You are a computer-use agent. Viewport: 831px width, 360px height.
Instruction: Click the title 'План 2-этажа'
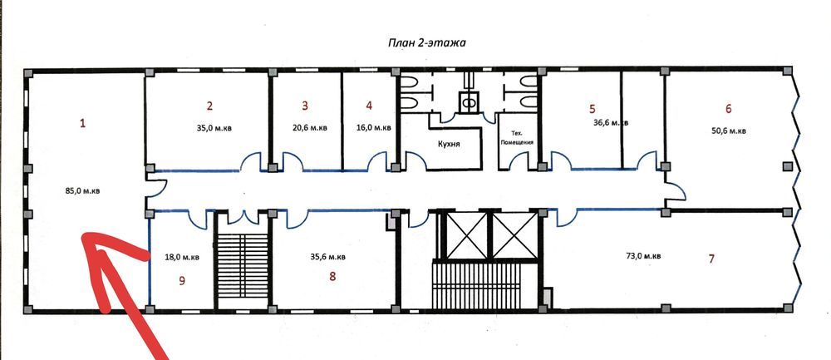[x=426, y=43]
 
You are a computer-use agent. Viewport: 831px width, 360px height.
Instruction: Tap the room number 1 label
[x=82, y=124]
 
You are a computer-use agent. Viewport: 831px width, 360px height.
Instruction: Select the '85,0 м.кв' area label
[x=82, y=191]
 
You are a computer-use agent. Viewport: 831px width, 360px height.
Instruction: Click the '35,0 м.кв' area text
[x=210, y=127]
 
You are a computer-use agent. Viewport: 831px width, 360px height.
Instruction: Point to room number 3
[x=305, y=106]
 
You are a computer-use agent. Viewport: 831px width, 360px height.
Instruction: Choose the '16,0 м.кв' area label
[x=374, y=127]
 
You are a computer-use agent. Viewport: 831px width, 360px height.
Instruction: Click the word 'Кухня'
[x=449, y=144]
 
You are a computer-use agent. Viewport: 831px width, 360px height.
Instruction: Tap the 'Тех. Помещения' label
[x=514, y=138]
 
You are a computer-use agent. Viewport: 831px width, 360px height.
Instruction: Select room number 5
[x=593, y=109]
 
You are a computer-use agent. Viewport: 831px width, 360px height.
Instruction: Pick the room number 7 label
[x=711, y=259]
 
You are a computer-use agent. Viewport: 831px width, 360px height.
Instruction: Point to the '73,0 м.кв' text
[x=643, y=256]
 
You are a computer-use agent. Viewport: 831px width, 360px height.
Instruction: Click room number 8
[x=332, y=276]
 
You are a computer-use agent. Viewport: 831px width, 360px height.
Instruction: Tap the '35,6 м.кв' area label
[x=327, y=257]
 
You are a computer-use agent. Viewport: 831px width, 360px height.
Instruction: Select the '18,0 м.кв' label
[x=182, y=257]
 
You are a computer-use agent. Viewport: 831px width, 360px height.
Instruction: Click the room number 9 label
[x=182, y=281]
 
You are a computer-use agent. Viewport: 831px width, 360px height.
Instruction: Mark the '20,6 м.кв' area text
[x=309, y=127]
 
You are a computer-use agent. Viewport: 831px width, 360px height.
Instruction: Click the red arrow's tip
[x=81, y=235]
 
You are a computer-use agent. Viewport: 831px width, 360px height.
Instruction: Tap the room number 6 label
[x=729, y=109]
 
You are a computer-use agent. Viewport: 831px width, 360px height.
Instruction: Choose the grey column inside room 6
[x=788, y=166]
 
